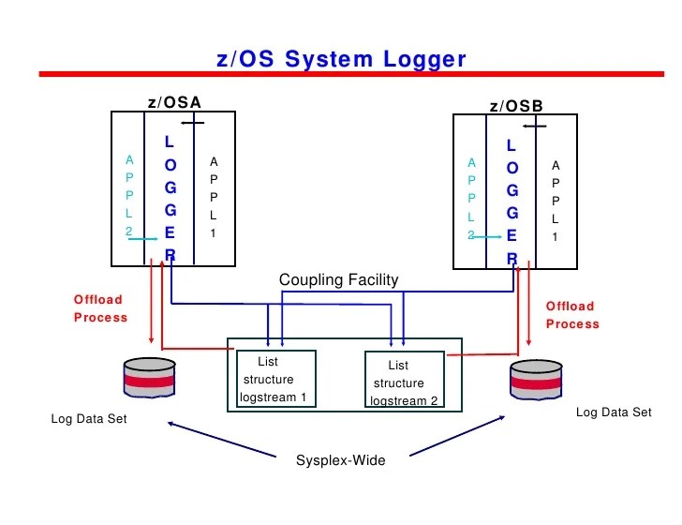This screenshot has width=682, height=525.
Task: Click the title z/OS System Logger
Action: pos(341,59)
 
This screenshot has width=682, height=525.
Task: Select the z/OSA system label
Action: pos(174,102)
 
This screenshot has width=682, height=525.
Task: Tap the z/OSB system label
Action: pos(516,106)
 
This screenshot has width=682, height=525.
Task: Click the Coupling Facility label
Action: pos(338,279)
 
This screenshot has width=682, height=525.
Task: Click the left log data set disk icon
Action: pos(150,379)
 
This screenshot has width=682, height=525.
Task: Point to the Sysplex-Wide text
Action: pos(340,460)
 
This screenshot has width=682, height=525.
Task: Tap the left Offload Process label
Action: pos(100,308)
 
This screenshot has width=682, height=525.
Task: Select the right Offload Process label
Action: pos(572,315)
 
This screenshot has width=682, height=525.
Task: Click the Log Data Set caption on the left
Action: pos(88,419)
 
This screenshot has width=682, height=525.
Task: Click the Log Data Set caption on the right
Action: pos(614,412)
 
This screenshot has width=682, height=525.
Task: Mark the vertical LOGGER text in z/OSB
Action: pos(511,202)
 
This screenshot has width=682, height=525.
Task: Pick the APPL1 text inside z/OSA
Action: pos(213,197)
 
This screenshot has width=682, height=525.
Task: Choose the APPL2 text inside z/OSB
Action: pos(471,200)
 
